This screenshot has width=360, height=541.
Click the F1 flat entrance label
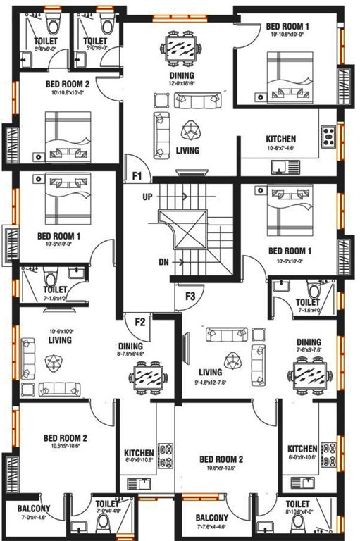[x=137, y=174]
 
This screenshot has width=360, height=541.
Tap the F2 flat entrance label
[x=140, y=322]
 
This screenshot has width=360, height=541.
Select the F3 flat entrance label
[x=190, y=296]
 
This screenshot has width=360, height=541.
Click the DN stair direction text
[x=163, y=262]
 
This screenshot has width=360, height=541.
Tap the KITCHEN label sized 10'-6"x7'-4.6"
[x=280, y=139]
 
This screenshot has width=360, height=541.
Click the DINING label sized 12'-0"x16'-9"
[x=182, y=75]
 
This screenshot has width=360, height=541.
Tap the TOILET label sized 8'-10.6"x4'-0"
[x=298, y=504]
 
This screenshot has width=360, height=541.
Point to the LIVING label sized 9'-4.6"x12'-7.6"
[x=211, y=372]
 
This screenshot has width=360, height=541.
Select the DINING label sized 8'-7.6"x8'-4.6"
[x=131, y=346]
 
